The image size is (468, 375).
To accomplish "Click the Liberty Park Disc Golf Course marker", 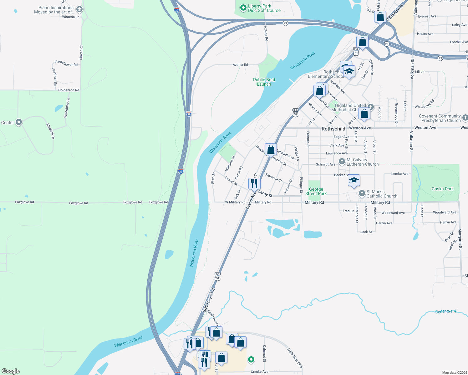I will [243, 8].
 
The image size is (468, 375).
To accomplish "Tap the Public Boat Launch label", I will [264, 82].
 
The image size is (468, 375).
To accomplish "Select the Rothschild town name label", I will [333, 129].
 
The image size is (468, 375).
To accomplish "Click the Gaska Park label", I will [442, 189].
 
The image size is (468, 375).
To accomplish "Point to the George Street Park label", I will [316, 191].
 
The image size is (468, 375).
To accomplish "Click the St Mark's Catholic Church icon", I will [362, 193].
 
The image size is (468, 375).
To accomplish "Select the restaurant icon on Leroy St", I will [254, 183].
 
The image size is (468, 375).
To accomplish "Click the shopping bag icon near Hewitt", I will [271, 149].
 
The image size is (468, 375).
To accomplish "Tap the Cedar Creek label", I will [445, 312].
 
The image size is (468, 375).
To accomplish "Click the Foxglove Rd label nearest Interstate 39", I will [159, 202].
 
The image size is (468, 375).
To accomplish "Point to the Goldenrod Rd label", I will [69, 90].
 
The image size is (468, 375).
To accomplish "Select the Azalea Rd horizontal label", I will [240, 65].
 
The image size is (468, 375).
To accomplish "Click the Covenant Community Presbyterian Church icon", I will [465, 118].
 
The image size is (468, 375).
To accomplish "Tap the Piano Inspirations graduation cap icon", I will [79, 9].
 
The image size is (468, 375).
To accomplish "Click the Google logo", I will [11, 371].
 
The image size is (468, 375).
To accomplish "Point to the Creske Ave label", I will [259, 372].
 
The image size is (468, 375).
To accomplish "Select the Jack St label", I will [366, 232].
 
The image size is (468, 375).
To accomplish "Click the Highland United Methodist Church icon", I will [371, 107].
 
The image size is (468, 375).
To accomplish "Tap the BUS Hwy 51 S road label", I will [208, 300].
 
